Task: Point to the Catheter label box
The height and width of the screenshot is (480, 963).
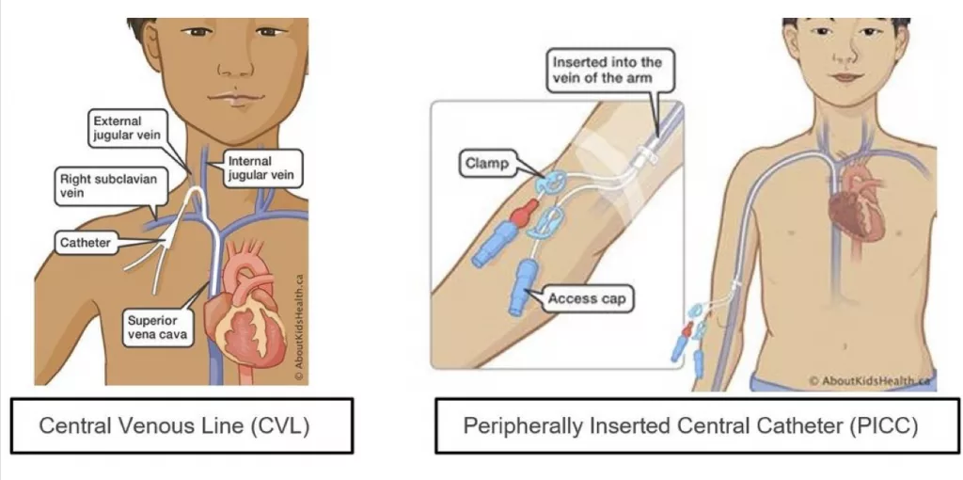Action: [x=86, y=243]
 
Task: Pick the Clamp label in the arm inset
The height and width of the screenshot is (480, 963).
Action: [x=486, y=164]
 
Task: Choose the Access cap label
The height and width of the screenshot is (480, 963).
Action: [x=588, y=299]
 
